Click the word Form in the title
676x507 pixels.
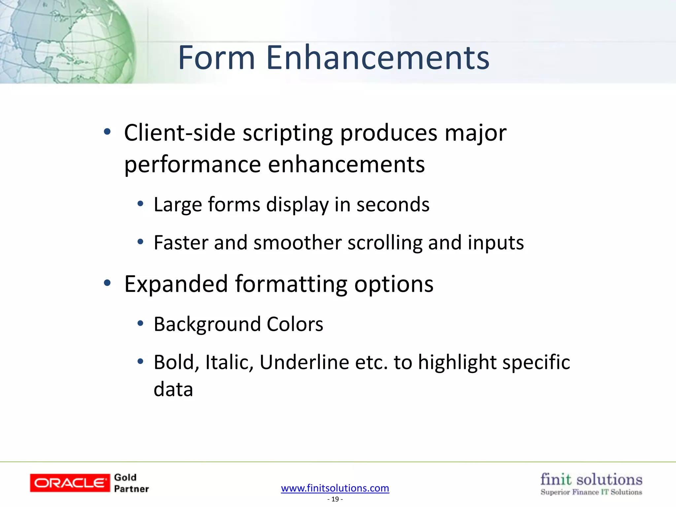click(217, 58)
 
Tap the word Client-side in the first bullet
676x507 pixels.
click(180, 133)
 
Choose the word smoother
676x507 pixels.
click(297, 243)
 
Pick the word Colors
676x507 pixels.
click(295, 324)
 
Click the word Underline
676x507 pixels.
click(304, 362)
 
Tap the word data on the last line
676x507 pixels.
click(173, 389)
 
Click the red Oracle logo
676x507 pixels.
click(70, 483)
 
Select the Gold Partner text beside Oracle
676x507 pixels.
click(131, 483)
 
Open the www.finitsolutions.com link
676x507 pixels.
click(335, 488)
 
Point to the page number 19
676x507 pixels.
click(335, 499)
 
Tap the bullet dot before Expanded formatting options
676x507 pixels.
click(107, 283)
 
